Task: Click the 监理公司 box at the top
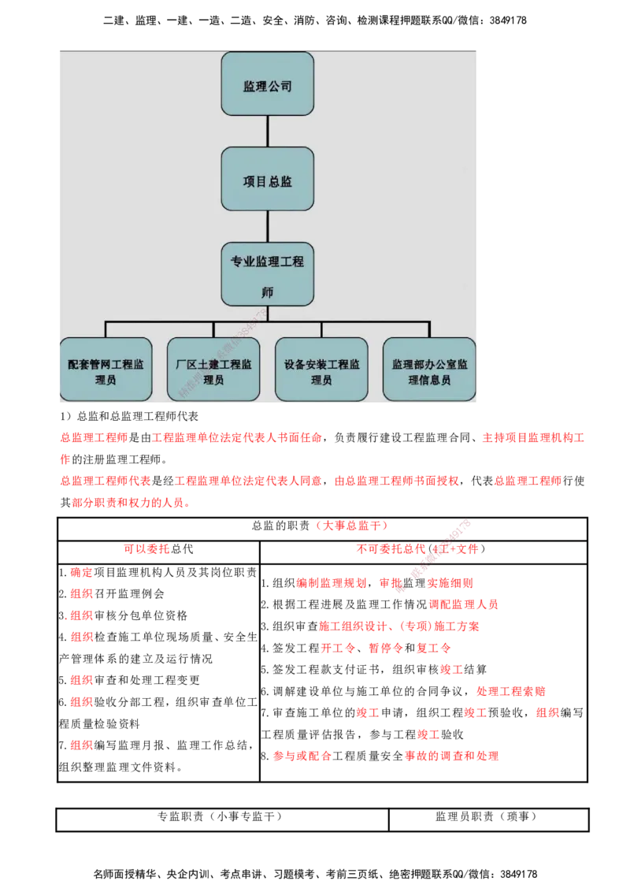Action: pyautogui.click(x=267, y=84)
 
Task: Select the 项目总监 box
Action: pyautogui.click(x=267, y=179)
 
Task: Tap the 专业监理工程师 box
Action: pyautogui.click(x=267, y=273)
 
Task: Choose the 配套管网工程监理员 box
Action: pyautogui.click(x=105, y=370)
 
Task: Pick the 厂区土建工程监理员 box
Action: pyautogui.click(x=213, y=370)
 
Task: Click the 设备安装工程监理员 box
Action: pyautogui.click(x=321, y=370)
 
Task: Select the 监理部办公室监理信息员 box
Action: pyautogui.click(x=429, y=370)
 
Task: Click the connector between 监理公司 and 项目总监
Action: pyautogui.click(x=267, y=132)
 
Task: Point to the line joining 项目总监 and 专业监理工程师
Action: pyautogui.click(x=267, y=226)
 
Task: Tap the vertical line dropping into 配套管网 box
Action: pyautogui.click(x=105, y=329)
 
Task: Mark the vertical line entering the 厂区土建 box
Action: pyautogui.click(x=213, y=329)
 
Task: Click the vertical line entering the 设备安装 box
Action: pyautogui.click(x=321, y=329)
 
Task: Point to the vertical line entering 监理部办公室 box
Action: pyautogui.click(x=429, y=329)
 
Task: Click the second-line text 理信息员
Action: pyautogui.click(x=429, y=380)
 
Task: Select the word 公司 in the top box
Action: pyautogui.click(x=280, y=85)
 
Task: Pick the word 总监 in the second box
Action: pyautogui.click(x=280, y=180)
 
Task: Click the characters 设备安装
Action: pyautogui.click(x=303, y=366)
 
